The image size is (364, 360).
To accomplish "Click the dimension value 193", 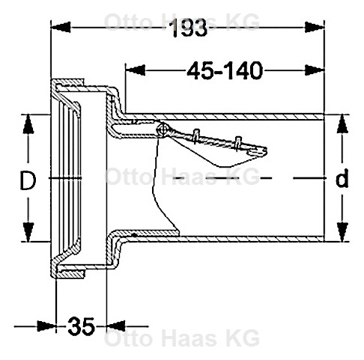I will [189, 29].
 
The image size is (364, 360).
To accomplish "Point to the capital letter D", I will [28, 180].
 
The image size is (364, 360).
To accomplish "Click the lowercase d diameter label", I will [342, 180].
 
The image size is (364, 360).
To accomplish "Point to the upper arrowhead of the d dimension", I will [342, 120].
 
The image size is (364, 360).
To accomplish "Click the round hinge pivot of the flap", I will [163, 130].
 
